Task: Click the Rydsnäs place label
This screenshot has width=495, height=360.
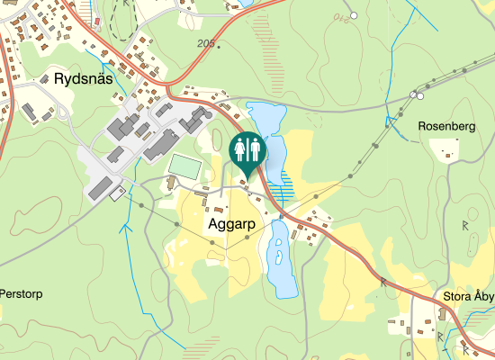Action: click(x=83, y=79)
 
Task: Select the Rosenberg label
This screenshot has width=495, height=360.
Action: click(x=446, y=127)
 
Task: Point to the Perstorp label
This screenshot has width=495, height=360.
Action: click(x=21, y=294)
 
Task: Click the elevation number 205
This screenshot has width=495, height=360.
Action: click(x=206, y=43)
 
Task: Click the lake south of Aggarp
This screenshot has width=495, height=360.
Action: click(x=281, y=261)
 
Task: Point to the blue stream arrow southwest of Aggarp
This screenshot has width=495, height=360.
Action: click(x=125, y=227)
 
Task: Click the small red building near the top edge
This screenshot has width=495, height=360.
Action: click(x=97, y=18)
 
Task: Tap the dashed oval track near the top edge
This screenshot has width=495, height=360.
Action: click(x=123, y=18)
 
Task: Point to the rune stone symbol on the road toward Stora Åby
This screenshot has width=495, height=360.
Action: click(x=383, y=283)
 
